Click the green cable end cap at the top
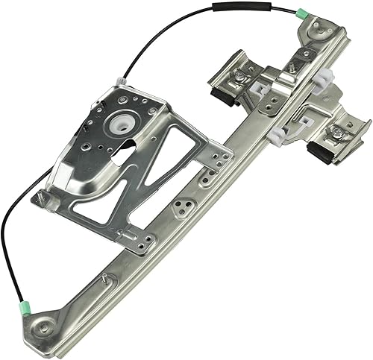(x=301, y=13)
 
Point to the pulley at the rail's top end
(x=316, y=28)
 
